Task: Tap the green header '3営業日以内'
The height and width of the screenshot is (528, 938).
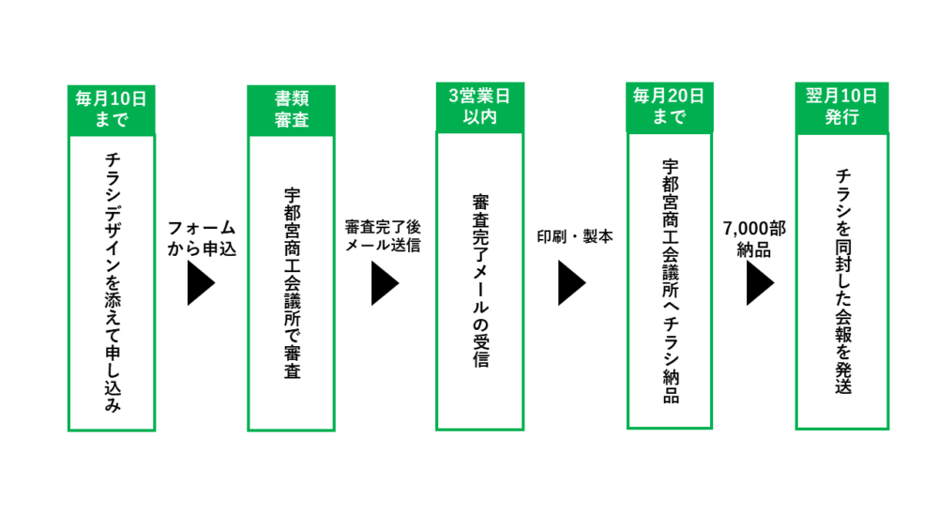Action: coord(479,108)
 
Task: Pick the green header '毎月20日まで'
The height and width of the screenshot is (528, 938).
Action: coord(669,108)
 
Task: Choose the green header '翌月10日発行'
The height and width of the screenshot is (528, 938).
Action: coord(841,108)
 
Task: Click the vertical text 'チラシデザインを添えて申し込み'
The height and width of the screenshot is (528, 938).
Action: coord(112,281)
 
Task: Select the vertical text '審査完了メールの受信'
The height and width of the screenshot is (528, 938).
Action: coord(479,280)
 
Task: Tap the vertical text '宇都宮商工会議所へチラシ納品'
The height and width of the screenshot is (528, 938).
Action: coord(669,280)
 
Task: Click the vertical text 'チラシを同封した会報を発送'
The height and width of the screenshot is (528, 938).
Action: coord(842,281)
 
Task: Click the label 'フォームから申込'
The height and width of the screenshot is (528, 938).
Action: coord(201,238)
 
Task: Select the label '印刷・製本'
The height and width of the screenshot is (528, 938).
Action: coord(574,236)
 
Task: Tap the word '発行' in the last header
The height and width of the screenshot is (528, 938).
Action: coord(841,118)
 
